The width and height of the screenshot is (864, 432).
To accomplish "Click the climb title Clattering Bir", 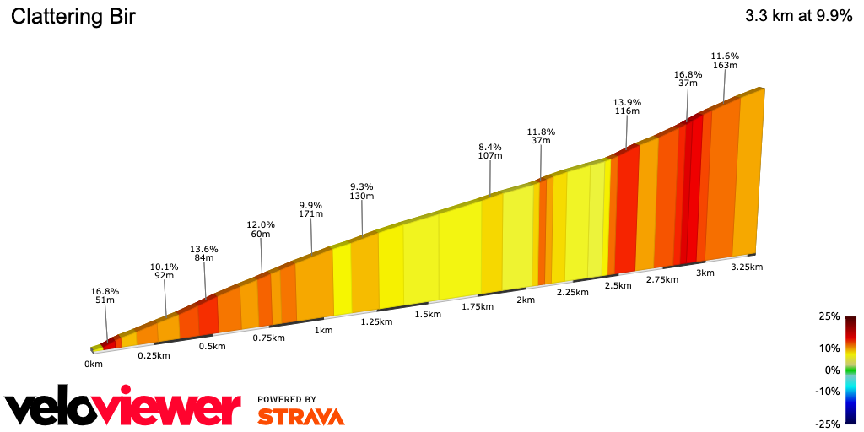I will pos(73,17).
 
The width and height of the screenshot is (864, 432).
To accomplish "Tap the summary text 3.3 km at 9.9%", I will pos(798,16).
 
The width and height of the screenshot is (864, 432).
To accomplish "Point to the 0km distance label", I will pos(94,364).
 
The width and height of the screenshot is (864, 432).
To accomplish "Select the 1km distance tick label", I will pos(323,330).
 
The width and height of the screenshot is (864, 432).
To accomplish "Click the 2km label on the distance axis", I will pos(526,300).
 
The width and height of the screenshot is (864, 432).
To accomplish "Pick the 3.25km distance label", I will pos(747,267).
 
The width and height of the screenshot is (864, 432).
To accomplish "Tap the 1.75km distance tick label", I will pos(478,307).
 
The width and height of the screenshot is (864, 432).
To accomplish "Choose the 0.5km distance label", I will pos(212,347).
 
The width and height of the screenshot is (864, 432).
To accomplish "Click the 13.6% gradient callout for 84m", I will pos(204,253).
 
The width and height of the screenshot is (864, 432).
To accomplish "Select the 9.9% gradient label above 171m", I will pos(311,209).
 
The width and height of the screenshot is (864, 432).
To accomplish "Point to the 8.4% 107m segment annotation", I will pos(490,151).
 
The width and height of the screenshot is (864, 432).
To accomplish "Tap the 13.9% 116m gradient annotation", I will pos(627,106).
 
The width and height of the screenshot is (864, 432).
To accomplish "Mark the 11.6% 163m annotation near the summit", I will pos(725,60).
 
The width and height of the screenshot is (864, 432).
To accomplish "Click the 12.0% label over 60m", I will pos(261,229).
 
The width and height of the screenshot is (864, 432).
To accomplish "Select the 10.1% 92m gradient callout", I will pos(165,271).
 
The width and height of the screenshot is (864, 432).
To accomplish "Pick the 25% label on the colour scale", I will pos(829,316).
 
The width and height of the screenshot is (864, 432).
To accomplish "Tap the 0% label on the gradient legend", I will pos(831,370).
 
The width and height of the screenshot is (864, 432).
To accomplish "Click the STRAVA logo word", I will pos(300,417).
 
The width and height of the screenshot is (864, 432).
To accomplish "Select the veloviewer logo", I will pos(123,408).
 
